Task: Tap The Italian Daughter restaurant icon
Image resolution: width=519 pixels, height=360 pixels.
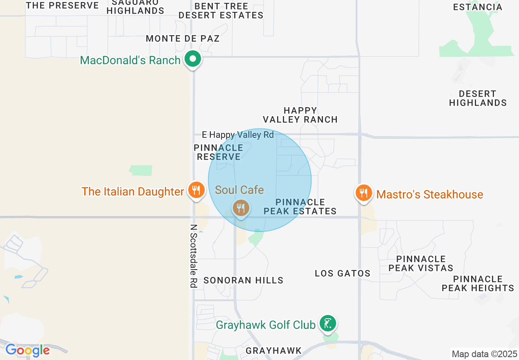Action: point(196,190)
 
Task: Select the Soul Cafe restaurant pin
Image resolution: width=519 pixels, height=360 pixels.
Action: point(241,208)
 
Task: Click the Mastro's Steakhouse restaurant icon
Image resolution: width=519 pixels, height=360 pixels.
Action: point(363,193)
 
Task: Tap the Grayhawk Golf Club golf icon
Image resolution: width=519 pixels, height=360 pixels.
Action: point(328,324)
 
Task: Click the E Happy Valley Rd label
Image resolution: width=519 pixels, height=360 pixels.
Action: point(238,135)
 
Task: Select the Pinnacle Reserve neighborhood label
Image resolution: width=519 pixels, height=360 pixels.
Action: point(219,152)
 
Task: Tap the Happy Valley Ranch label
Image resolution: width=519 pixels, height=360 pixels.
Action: point(300,115)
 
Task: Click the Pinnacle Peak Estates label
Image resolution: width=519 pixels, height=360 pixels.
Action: point(300,207)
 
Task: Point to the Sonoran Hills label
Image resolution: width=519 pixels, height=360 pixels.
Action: point(243,280)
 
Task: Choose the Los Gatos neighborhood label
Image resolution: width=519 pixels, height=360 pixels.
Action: point(342,273)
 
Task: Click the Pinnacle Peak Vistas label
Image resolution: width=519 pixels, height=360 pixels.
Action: point(421,263)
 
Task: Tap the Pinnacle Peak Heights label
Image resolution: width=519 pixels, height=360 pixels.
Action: point(478,283)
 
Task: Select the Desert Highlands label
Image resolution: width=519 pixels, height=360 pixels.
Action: point(478,98)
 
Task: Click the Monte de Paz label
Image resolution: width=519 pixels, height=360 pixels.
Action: point(183,38)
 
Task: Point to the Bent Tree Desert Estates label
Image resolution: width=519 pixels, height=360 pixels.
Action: point(221,11)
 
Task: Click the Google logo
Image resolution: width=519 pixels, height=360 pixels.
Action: point(27,350)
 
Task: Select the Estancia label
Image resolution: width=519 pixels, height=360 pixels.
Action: point(478,7)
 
